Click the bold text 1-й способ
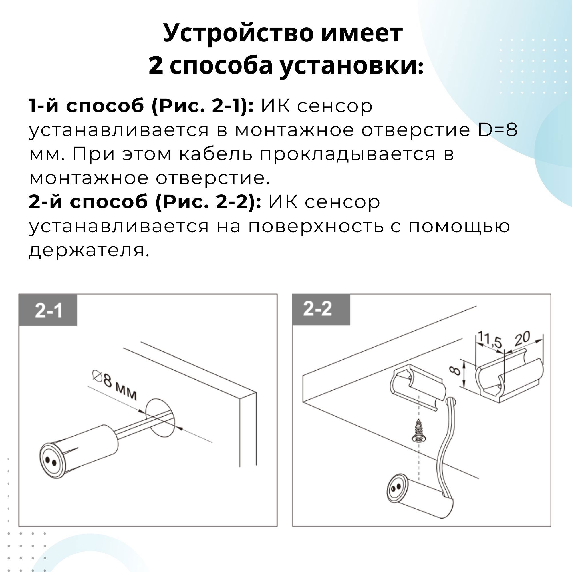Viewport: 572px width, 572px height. pyautogui.click(x=86, y=106)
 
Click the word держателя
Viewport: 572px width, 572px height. pyautogui.click(x=89, y=251)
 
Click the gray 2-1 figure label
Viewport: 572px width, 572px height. pyautogui.click(x=48, y=311)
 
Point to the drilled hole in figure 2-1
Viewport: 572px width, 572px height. pyautogui.click(x=160, y=418)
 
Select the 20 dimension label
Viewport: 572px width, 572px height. pyautogui.click(x=522, y=339)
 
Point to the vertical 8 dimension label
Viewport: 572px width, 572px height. pyautogui.click(x=456, y=370)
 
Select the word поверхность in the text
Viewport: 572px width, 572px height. pyautogui.click(x=315, y=226)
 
